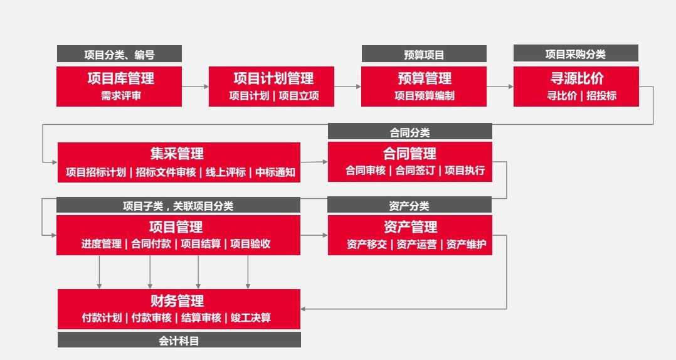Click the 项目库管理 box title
(120, 78)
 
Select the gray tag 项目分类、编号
(119, 55)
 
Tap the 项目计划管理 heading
(273, 78)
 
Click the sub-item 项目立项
(298, 96)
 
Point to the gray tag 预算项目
(424, 55)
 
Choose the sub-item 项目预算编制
(424, 96)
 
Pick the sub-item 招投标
(601, 96)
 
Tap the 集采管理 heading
(177, 154)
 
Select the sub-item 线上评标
(226, 172)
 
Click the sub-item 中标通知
(275, 172)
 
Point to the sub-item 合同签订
(415, 171)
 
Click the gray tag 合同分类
(410, 132)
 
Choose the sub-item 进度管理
(102, 244)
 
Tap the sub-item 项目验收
(250, 244)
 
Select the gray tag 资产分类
(409, 205)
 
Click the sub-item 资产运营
(416, 245)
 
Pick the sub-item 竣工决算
(250, 318)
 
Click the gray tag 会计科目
(179, 340)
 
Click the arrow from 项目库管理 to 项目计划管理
(195, 87)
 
